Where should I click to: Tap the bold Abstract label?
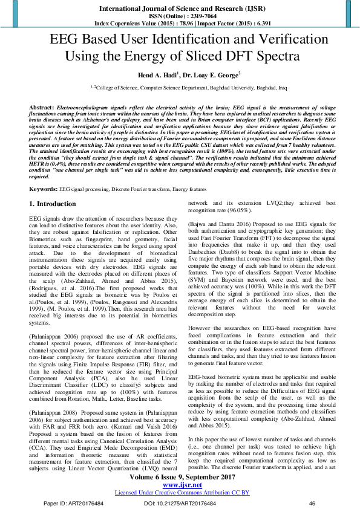(x=42, y=106)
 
